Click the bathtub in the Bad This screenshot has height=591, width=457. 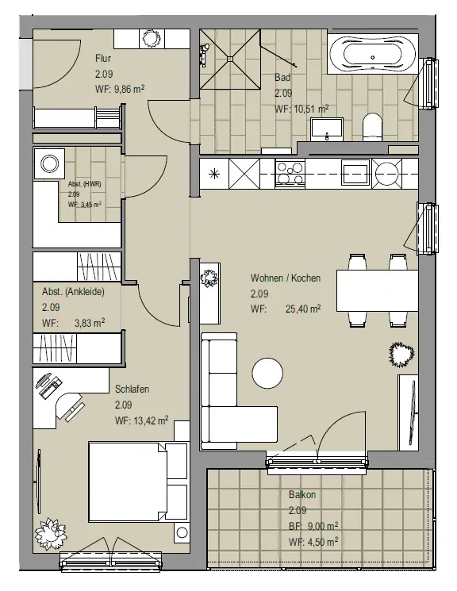[x=373, y=54]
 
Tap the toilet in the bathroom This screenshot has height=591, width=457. [x=372, y=128]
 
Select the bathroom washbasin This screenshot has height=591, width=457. [x=327, y=129]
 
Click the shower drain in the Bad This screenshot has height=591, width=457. [x=229, y=59]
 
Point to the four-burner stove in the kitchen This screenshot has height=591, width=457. [x=290, y=173]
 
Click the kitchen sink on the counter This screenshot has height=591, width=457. [x=355, y=173]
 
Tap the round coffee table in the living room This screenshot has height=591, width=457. [x=267, y=373]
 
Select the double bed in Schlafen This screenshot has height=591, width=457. [x=138, y=482]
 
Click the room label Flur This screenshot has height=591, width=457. [x=103, y=59]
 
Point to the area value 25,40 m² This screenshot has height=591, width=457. [x=303, y=309]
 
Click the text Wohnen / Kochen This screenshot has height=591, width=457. [x=286, y=278]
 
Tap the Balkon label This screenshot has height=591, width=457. [x=302, y=494]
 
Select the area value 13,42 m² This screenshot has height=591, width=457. [x=151, y=420]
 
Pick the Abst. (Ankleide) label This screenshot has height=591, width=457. [x=73, y=292]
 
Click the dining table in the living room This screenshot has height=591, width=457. [x=377, y=290]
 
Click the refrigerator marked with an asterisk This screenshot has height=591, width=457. [x=214, y=174]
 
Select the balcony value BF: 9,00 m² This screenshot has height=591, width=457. [x=313, y=526]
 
